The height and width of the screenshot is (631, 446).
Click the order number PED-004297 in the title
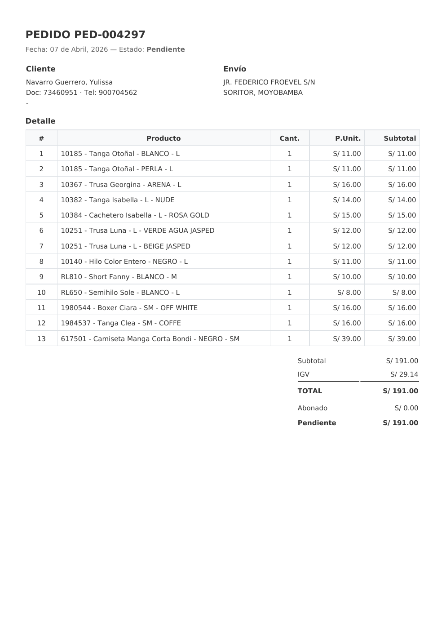click(110, 35)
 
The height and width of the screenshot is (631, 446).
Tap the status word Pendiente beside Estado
click(165, 49)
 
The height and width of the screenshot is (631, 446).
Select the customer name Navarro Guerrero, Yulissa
click(69, 82)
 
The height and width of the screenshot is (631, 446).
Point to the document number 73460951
click(60, 93)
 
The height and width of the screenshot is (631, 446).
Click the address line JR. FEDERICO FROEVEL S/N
click(269, 82)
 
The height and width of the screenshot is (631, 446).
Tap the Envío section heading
click(234, 69)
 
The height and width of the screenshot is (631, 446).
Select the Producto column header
click(163, 138)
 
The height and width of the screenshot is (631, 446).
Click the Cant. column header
click(289, 138)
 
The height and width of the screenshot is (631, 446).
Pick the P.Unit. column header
click(348, 138)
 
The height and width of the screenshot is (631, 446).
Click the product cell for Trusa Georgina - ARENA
click(121, 185)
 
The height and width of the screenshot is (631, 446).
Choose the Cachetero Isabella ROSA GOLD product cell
click(135, 215)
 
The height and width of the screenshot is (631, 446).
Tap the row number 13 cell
click(41, 339)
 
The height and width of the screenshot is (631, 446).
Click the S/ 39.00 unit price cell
click(347, 339)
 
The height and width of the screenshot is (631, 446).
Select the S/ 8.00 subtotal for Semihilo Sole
click(404, 293)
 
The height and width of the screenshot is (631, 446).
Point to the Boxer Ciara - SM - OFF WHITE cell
click(129, 308)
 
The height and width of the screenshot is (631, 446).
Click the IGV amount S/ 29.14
click(404, 374)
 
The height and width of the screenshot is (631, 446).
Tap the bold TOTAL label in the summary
click(309, 391)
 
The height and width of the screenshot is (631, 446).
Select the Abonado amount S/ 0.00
click(406, 408)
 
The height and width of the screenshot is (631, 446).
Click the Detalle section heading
click(40, 121)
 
